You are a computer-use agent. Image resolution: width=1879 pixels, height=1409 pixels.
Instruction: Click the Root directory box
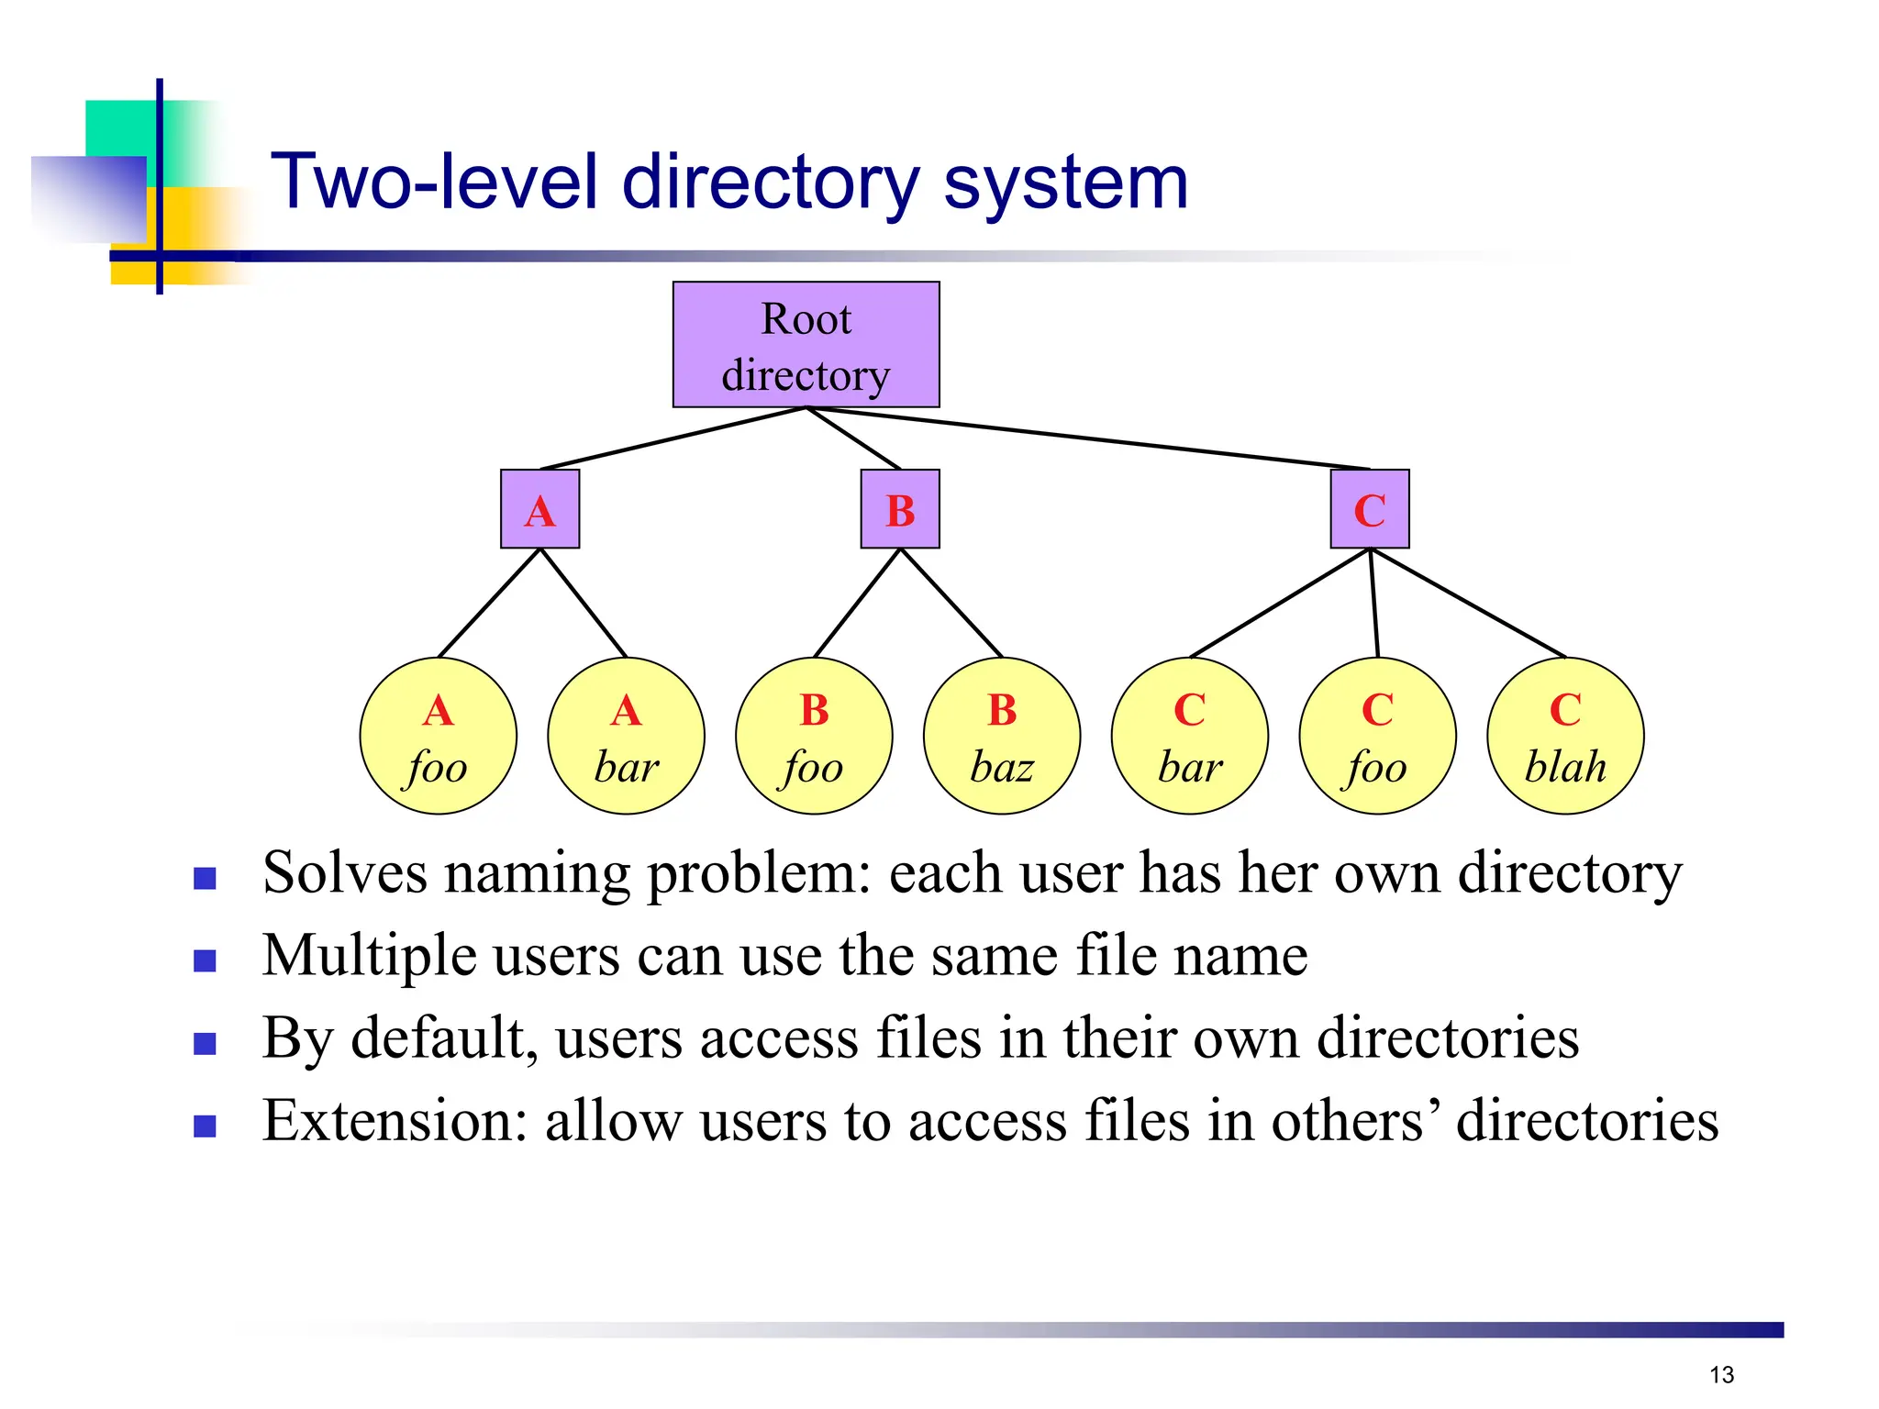point(806,345)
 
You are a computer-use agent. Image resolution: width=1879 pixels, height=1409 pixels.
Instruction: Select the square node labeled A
point(539,509)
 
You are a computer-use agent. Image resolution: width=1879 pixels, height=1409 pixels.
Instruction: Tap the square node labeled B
point(900,509)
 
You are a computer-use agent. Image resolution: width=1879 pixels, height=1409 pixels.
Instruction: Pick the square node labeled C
point(1370,509)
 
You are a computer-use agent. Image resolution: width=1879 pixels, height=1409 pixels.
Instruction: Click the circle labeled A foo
point(438,736)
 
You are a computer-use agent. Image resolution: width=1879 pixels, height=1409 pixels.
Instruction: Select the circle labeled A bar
point(626,736)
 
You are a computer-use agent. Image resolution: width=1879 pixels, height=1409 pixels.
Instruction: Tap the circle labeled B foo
point(814,736)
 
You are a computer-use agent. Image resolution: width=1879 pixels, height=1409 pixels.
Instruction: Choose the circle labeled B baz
point(1002,736)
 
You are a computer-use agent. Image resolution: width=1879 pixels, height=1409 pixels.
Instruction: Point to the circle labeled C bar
point(1190,736)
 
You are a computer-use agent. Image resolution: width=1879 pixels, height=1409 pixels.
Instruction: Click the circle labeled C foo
point(1377,736)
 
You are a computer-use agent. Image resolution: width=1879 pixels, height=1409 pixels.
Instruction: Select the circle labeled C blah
point(1565,736)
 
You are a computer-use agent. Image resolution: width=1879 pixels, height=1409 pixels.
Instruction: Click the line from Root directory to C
point(1087,438)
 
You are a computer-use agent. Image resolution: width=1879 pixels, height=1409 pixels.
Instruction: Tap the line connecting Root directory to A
point(673,438)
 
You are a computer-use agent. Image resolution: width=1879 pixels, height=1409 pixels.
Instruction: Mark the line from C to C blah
point(1468,603)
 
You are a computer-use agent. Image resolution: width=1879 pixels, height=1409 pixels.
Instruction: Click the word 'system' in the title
point(1065,183)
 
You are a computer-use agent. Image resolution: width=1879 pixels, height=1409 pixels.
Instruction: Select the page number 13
point(1721,1374)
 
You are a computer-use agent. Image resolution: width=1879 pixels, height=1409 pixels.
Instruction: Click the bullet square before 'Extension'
point(205,1126)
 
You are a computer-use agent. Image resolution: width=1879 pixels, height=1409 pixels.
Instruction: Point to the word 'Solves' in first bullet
point(344,872)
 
